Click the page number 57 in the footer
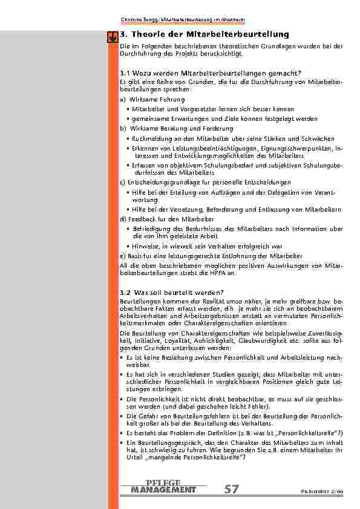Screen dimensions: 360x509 tap(231, 490)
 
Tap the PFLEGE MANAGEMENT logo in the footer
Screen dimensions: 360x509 tap(163, 486)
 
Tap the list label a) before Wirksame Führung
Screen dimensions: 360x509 tap(123, 99)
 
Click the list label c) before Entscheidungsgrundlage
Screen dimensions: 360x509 tap(123, 182)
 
